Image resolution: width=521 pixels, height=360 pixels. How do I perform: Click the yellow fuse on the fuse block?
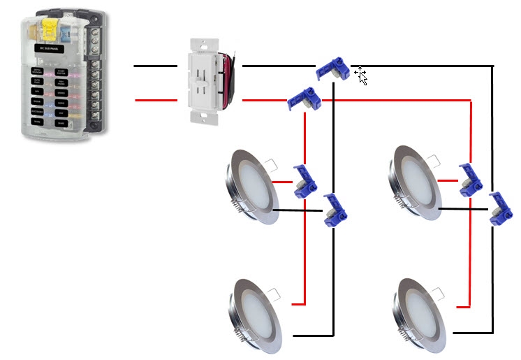(x=50, y=29)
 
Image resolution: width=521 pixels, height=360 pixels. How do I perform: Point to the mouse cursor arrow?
(x=361, y=74)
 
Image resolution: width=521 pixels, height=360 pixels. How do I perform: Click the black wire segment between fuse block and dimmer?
(x=154, y=66)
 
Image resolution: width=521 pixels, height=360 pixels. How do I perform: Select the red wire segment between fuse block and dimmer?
(x=154, y=101)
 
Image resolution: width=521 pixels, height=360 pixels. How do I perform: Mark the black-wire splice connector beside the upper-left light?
(x=333, y=210)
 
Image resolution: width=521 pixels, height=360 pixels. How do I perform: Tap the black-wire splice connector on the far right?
(x=499, y=208)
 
